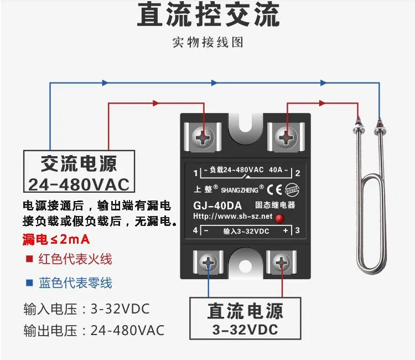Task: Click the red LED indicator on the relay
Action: click(x=279, y=219)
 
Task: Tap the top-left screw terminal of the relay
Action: click(x=203, y=137)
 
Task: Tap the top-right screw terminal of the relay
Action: click(x=286, y=137)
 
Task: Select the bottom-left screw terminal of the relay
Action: click(x=208, y=263)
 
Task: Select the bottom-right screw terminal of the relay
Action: click(x=281, y=263)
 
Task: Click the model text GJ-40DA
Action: click(x=217, y=205)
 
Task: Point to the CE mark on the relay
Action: click(x=274, y=189)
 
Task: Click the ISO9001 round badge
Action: click(x=292, y=189)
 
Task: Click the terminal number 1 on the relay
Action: click(x=195, y=173)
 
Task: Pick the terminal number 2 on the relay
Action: click(x=298, y=173)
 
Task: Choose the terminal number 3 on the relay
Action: click(x=298, y=230)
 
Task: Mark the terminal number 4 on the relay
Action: click(x=195, y=230)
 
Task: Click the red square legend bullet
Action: click(x=29, y=259)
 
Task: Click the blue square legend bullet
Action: click(x=29, y=282)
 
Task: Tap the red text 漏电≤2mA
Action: click(x=56, y=239)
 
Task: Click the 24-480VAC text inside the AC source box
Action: click(x=79, y=184)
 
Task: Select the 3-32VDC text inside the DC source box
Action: click(x=245, y=330)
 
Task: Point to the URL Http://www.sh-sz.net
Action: click(x=232, y=216)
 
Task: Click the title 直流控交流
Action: click(x=208, y=14)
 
